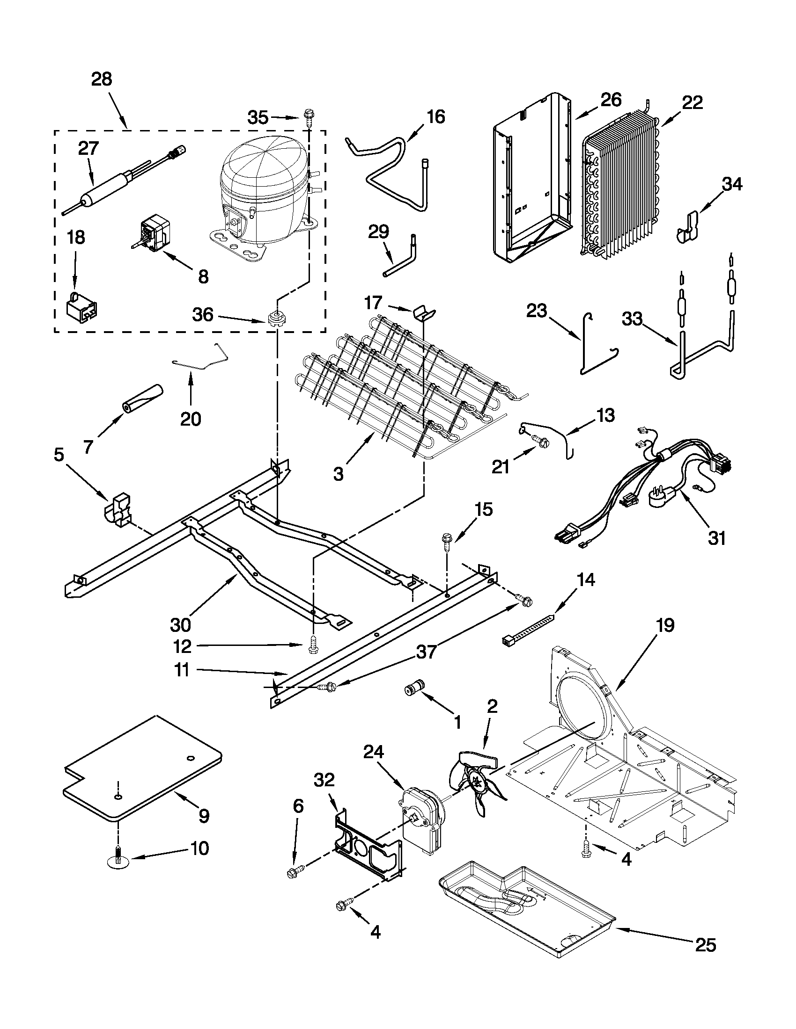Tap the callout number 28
coord(102,79)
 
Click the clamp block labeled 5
coord(118,510)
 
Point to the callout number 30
coord(180,625)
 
